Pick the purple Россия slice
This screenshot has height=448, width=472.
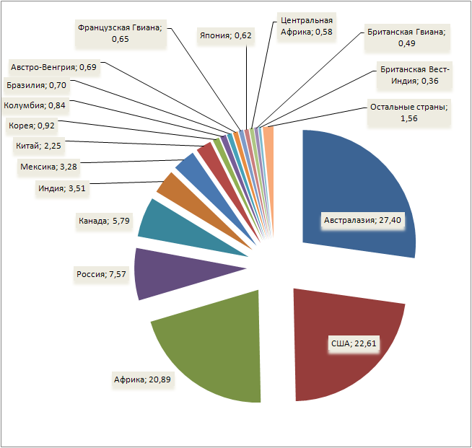coord(173,273)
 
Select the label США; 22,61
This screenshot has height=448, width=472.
coord(351,343)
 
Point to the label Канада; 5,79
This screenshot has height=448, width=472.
coord(104,220)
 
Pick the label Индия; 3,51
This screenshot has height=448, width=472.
coord(61,190)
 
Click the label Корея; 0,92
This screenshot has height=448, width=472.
coord(31,126)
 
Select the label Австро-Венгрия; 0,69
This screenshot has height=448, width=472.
coord(53,68)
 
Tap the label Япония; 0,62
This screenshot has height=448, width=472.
coord(225,34)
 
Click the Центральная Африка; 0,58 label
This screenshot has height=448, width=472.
coord(307,27)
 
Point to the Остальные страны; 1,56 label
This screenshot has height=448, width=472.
coord(409,113)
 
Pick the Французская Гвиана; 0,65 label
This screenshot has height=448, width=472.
coord(120,33)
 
